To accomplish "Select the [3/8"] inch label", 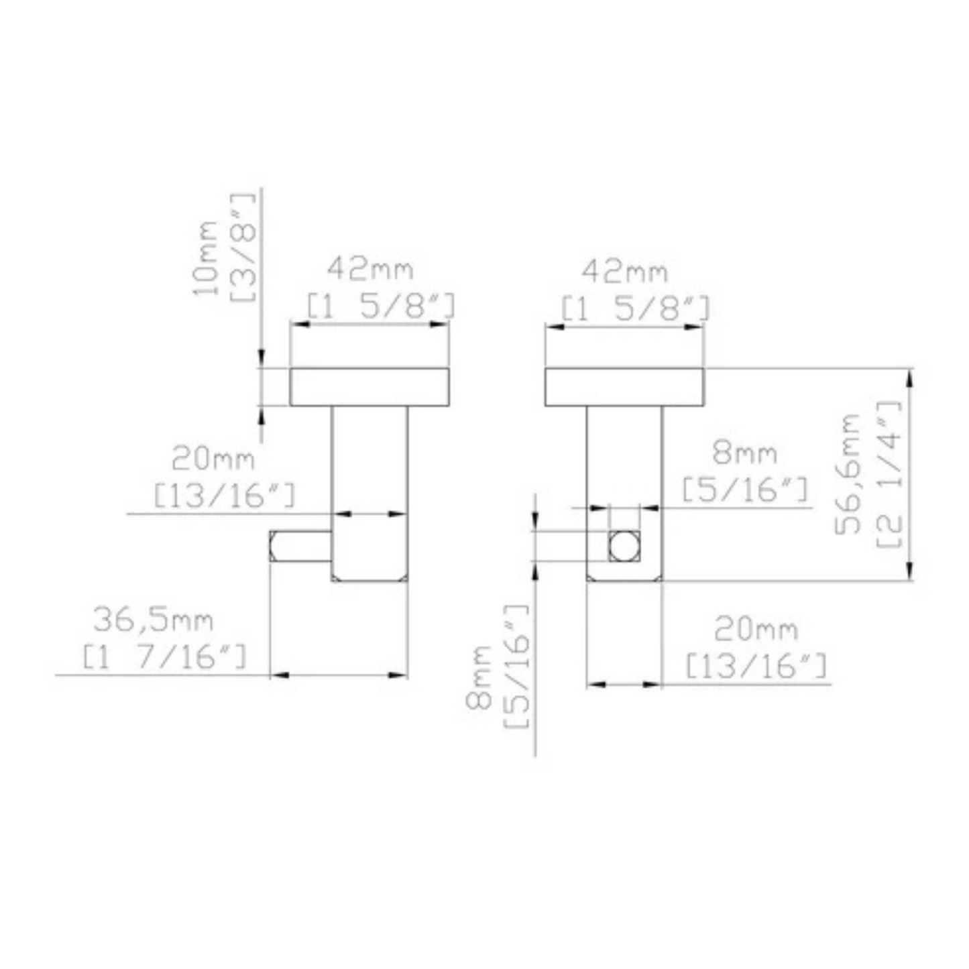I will point(242,248).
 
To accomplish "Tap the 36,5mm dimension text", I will point(153,620).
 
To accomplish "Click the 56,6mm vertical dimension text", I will point(848,473).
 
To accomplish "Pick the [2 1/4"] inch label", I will point(889,473).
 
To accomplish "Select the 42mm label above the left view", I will point(369,270).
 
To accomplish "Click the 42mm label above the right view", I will point(624,272).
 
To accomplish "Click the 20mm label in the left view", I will point(213,460).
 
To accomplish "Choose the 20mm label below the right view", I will point(756,630).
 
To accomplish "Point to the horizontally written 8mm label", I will point(744,454).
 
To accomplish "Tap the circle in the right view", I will point(624,547).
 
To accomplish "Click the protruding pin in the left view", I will point(300,546).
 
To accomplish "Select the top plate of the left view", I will point(369,387).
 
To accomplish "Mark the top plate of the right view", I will point(624,387).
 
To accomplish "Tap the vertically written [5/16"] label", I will point(517,666).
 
